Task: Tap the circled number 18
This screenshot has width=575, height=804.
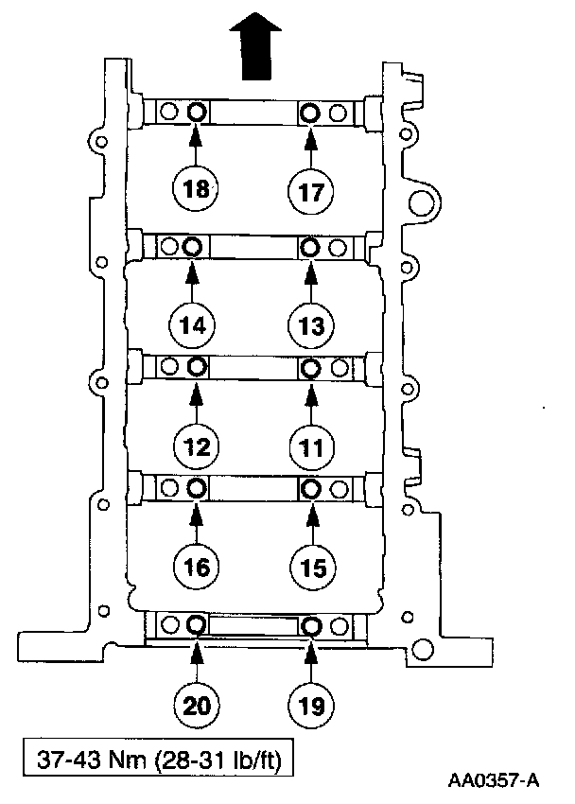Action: tap(196, 189)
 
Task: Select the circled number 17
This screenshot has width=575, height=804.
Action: tap(311, 190)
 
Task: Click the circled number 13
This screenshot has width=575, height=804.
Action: tap(311, 324)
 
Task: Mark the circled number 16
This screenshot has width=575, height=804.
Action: tap(197, 567)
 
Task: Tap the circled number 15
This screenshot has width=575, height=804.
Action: tap(311, 567)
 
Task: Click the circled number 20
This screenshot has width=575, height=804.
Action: tap(197, 704)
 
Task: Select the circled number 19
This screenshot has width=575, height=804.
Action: tap(311, 704)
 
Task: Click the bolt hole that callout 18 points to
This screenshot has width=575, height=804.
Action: tap(196, 113)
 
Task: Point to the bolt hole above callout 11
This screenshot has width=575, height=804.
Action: tap(310, 366)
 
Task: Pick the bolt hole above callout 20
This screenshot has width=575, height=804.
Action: tap(196, 625)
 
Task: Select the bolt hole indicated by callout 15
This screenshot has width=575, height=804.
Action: tap(310, 489)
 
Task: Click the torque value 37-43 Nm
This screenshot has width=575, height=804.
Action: tap(80, 759)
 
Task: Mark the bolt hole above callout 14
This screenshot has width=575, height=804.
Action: tap(192, 247)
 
